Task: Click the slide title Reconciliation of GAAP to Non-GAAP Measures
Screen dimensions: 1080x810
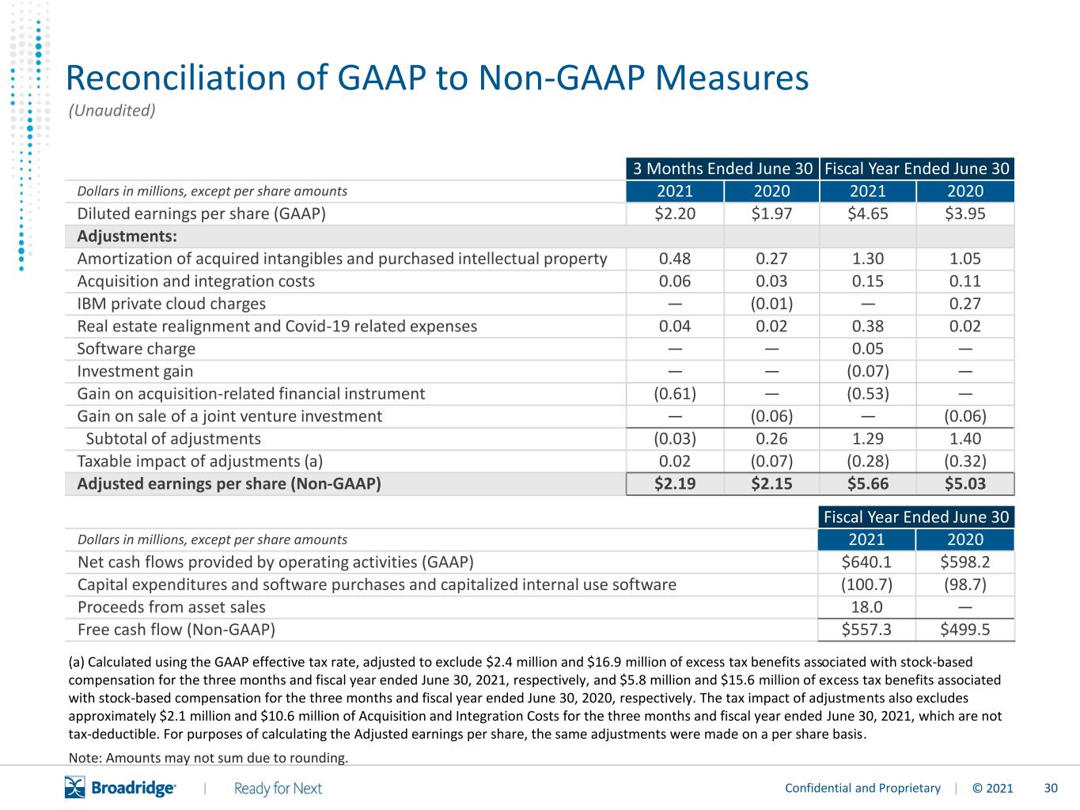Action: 437,78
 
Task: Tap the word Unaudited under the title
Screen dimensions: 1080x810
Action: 112,111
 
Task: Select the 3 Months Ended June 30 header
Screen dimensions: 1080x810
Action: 722,168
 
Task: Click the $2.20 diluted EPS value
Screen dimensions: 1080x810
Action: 675,214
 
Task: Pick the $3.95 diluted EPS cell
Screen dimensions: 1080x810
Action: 964,214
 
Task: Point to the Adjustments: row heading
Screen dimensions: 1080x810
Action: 127,237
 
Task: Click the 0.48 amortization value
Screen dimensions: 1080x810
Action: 675,259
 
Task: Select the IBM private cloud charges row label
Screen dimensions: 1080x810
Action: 171,304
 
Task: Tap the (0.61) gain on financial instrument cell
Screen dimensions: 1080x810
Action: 675,394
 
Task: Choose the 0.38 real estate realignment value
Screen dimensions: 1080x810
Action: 867,327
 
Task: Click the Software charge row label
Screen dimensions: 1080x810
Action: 136,349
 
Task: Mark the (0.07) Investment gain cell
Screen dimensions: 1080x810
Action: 867,371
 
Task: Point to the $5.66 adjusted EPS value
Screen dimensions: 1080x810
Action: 867,484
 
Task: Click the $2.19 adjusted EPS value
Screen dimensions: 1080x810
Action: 675,484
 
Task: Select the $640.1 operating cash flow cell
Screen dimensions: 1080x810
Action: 866,562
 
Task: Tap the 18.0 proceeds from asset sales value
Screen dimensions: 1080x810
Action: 866,607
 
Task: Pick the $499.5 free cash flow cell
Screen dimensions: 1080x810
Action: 964,630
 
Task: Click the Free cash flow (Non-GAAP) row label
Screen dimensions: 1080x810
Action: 176,630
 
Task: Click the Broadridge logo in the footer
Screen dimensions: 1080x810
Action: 120,788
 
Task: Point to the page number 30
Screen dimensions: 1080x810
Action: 1051,789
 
